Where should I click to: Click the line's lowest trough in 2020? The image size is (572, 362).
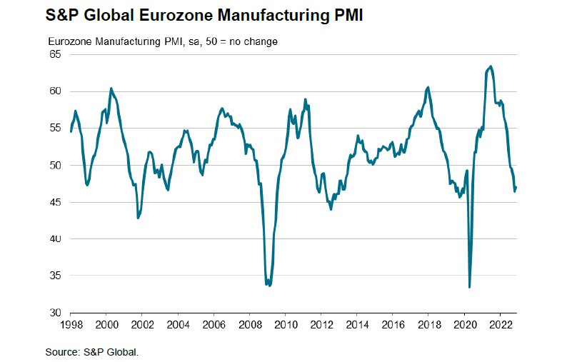[x=469, y=287]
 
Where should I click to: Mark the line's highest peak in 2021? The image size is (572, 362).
[x=490, y=66]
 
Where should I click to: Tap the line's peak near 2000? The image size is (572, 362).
[x=111, y=89]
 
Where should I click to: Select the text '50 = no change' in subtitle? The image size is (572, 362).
[x=244, y=41]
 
